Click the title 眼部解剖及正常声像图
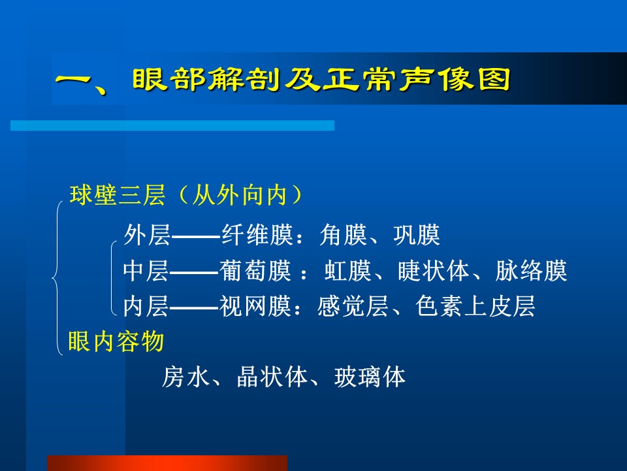click(321, 79)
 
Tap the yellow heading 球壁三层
click(117, 195)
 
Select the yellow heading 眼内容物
click(116, 341)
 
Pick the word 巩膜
click(417, 235)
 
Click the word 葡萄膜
click(255, 271)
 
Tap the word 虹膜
click(348, 271)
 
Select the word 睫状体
click(434, 271)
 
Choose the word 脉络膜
click(531, 271)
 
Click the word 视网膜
click(255, 306)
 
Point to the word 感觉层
click(353, 306)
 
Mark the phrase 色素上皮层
click(475, 306)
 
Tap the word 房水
click(185, 377)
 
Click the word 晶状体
click(272, 377)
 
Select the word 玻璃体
click(370, 377)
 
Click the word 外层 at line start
click(147, 235)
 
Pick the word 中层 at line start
click(146, 271)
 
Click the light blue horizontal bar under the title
click(172, 126)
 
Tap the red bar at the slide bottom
click(167, 463)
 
